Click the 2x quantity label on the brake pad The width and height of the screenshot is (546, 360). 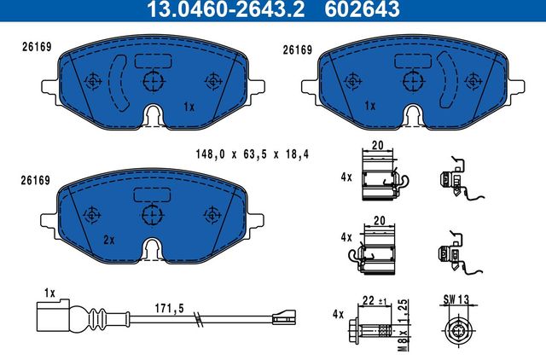tap(108, 240)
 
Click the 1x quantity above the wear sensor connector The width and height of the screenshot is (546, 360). tap(49, 293)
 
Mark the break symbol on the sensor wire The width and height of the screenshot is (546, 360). tap(197, 322)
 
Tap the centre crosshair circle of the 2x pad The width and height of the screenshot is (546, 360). tap(153, 214)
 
